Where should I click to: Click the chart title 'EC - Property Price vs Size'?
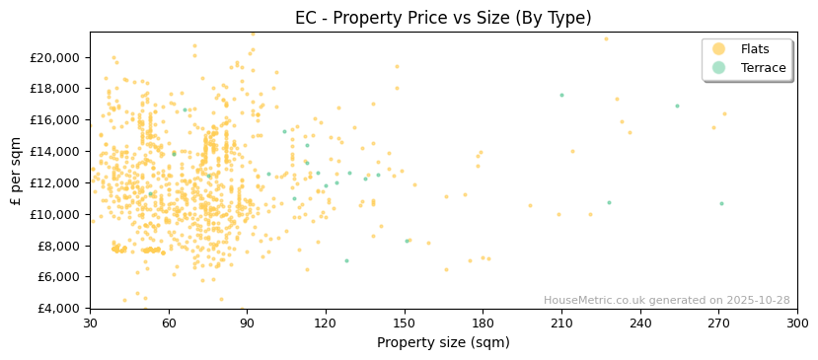(443, 18)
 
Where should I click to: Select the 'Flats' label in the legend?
(755, 49)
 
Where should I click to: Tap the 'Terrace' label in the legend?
(763, 68)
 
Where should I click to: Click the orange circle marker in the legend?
(718, 49)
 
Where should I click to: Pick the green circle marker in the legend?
(718, 68)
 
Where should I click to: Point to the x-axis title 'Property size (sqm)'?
(443, 343)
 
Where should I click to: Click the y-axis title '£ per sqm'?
(16, 170)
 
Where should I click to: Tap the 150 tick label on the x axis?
(405, 323)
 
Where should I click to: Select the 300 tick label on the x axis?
(797, 323)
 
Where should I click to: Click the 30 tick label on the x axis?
(90, 323)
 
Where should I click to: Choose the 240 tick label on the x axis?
(640, 323)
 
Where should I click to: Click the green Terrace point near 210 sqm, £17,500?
(561, 96)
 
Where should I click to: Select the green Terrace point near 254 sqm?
(677, 107)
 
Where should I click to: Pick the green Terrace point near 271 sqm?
(721, 204)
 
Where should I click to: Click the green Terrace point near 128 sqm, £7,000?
(346, 261)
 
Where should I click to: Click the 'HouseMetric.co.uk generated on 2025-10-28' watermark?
(666, 300)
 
